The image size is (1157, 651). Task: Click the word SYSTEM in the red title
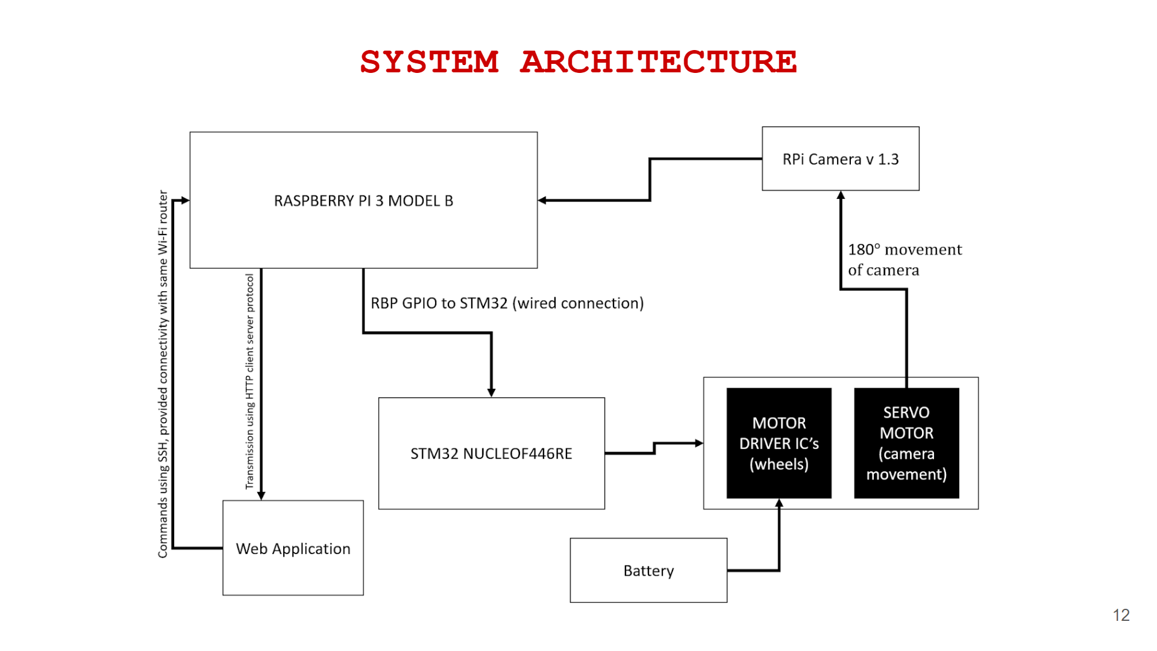(429, 62)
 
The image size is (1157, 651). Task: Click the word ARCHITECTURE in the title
(658, 62)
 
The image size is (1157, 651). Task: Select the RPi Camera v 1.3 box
(840, 159)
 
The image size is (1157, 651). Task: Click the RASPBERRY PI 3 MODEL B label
(363, 201)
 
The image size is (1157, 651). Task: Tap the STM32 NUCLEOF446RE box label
(491, 453)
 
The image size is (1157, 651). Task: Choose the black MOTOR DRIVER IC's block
(779, 443)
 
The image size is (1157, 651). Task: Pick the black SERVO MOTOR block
(906, 443)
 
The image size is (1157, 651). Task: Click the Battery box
(648, 570)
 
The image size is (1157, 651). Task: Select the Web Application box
(293, 549)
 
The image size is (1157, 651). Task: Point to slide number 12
(1121, 615)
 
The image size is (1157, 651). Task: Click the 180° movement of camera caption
(904, 259)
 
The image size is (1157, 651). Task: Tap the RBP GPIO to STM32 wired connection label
(507, 303)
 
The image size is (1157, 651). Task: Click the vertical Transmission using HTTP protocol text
(249, 381)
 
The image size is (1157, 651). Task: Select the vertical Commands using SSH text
(163, 374)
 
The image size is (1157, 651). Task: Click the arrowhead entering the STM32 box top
(491, 392)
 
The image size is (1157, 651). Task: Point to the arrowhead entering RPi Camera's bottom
(841, 195)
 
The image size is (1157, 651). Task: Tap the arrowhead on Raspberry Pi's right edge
(542, 200)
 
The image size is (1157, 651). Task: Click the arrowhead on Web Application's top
(261, 495)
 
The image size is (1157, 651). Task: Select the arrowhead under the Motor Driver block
(779, 503)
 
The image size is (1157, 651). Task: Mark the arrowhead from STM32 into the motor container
(699, 443)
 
